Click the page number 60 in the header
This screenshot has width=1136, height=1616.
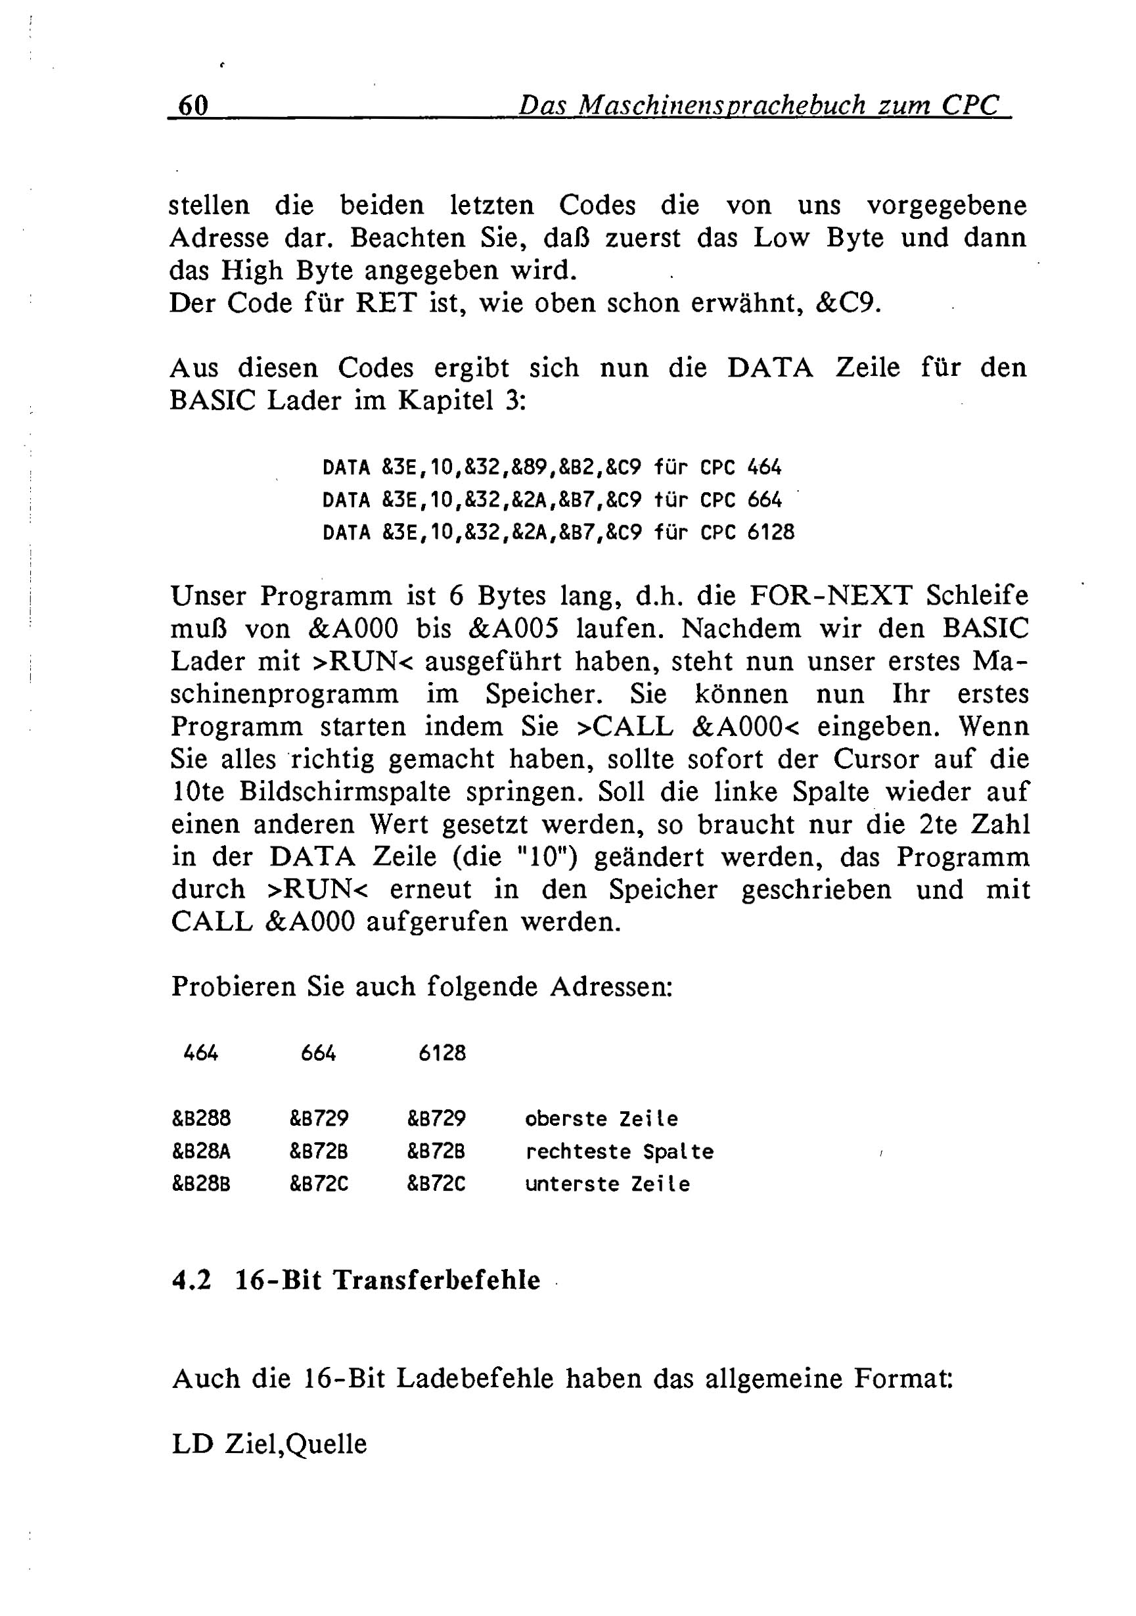pos(193,106)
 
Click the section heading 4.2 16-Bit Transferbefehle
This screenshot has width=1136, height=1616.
pos(356,1280)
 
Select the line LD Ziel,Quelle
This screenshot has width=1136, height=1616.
pos(269,1444)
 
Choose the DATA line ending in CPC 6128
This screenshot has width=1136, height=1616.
pos(557,532)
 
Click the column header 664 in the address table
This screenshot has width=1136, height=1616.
pos(318,1053)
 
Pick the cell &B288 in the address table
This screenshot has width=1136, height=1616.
pos(201,1119)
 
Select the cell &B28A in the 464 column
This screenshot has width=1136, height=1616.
pos(201,1151)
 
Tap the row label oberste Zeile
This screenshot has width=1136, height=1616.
pos(601,1119)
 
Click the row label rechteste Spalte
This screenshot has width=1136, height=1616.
pos(620,1151)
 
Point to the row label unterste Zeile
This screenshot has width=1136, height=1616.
pos(607,1184)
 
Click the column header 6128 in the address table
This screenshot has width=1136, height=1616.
pos(442,1053)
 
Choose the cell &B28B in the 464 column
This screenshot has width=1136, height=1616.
pos(201,1184)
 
